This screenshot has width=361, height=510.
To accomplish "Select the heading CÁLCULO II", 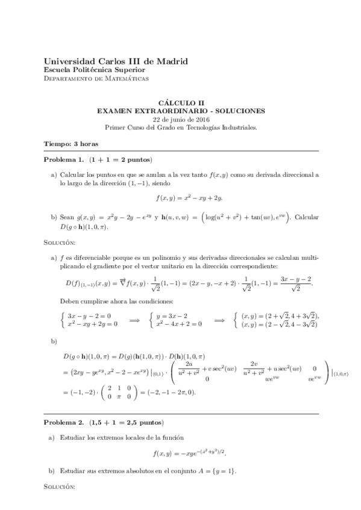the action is tap(180, 103).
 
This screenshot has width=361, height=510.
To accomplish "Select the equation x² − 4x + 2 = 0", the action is tap(178, 323).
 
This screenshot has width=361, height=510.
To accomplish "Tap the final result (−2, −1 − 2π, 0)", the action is tap(174, 392).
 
